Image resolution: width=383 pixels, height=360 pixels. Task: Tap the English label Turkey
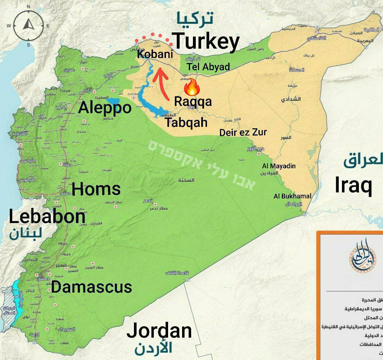(206, 41)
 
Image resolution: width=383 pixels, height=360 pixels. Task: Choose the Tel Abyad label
(208, 67)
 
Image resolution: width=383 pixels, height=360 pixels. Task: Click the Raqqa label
(193, 102)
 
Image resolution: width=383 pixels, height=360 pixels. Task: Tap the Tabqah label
(186, 122)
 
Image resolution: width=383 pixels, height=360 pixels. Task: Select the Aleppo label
(105, 107)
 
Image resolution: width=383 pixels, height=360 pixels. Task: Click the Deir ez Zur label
(243, 133)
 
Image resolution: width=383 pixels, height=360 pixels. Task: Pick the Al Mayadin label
(279, 166)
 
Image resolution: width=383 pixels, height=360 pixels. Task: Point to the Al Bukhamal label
(292, 196)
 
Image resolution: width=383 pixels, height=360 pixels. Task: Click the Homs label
(96, 189)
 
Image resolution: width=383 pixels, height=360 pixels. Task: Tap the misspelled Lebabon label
(47, 217)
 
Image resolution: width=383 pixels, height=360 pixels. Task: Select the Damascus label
(91, 287)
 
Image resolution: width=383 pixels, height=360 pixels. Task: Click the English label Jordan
(159, 330)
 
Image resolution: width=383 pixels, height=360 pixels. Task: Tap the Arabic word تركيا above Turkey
(195, 18)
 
